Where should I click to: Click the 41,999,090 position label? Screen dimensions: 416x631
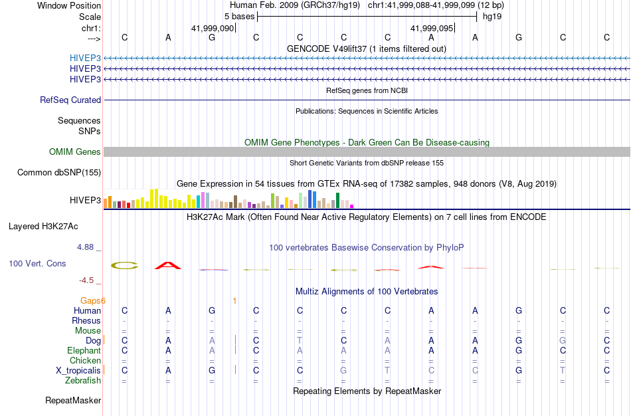(x=213, y=28)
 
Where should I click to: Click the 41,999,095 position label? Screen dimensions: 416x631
(x=432, y=28)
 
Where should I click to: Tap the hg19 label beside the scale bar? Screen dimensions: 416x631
(x=492, y=16)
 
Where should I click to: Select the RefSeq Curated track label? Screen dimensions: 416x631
(x=70, y=100)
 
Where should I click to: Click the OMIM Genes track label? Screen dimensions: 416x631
(x=75, y=152)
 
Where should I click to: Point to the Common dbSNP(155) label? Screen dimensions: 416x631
(x=58, y=173)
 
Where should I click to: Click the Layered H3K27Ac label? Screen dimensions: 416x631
(x=43, y=226)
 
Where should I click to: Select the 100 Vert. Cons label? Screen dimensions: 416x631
(x=37, y=264)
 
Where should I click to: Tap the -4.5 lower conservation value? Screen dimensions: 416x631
(x=88, y=280)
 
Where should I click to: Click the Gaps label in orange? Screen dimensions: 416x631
(x=90, y=301)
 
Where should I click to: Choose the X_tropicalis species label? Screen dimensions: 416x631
(x=78, y=370)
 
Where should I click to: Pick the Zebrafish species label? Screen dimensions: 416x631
(x=83, y=380)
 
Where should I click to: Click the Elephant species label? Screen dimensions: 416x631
(x=84, y=350)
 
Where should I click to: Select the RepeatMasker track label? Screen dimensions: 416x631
(x=73, y=401)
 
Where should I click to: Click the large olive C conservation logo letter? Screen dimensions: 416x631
(x=124, y=266)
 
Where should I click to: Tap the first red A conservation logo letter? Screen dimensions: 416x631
(x=168, y=266)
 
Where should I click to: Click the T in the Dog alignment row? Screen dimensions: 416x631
(x=300, y=340)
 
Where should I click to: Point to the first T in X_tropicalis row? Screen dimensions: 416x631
(x=387, y=370)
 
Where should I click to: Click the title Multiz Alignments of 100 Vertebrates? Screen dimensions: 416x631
(x=367, y=291)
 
